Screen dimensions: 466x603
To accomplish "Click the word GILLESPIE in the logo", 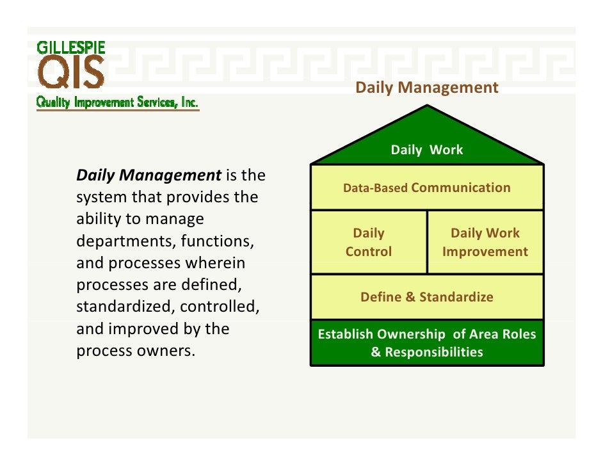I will click(70, 47).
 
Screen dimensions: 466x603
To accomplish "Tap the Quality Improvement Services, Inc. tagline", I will click(117, 102).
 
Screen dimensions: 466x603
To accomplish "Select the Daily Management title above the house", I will click(426, 88).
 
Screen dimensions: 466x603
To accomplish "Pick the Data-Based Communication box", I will click(426, 188).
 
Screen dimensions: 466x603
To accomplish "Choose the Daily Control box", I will click(368, 242).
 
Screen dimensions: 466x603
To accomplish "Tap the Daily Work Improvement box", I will click(485, 242).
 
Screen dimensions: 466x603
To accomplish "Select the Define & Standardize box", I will click(426, 297).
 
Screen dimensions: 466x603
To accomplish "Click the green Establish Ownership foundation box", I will click(426, 342).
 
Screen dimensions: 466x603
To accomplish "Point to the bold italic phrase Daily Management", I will click(149, 175).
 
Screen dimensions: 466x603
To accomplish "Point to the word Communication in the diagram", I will click(461, 188).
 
